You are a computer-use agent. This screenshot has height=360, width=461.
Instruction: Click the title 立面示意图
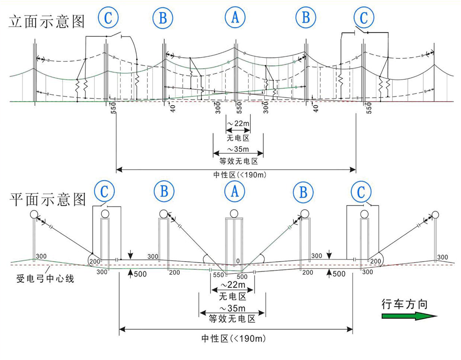[47, 22]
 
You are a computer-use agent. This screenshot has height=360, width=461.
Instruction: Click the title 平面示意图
[48, 199]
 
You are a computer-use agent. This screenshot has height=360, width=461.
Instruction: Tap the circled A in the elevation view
[235, 17]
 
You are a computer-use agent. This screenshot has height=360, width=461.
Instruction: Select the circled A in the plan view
[234, 191]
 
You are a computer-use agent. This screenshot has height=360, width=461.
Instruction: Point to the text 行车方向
[405, 305]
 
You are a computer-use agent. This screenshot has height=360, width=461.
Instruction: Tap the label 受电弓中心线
[45, 278]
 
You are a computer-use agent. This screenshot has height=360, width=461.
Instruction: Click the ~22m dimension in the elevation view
[238, 124]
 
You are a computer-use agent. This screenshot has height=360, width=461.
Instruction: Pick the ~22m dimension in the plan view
[233, 285]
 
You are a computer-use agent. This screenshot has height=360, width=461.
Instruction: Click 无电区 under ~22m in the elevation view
[238, 138]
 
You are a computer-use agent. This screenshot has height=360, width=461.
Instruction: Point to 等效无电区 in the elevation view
[238, 161]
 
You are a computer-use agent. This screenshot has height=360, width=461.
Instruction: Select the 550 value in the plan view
[219, 276]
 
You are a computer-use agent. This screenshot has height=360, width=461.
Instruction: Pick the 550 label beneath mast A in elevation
[239, 108]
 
